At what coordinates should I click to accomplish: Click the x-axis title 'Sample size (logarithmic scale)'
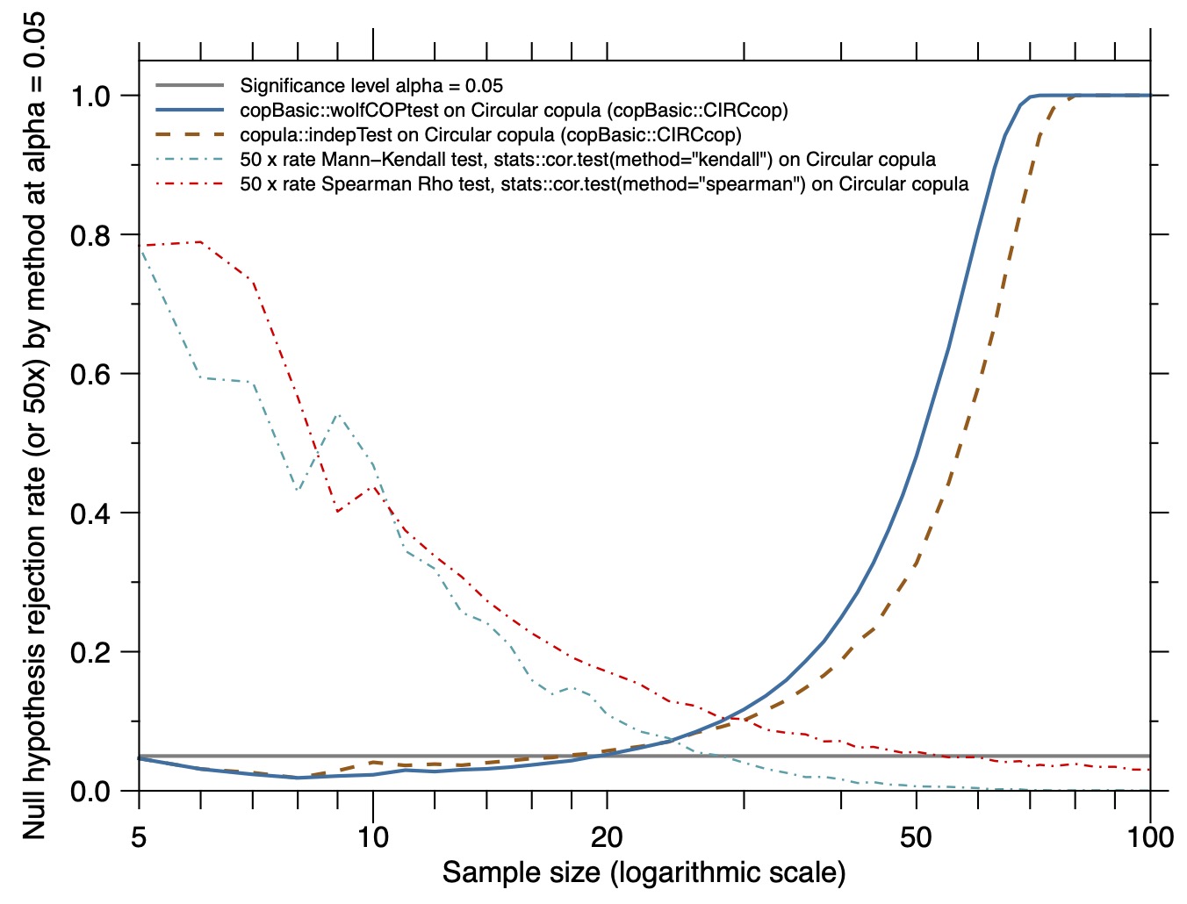(x=644, y=872)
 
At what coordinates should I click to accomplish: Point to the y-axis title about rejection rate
(x=33, y=426)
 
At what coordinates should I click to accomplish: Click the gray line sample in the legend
(x=190, y=85)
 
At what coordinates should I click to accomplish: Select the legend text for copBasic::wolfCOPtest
(x=514, y=111)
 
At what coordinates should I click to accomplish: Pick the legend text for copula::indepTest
(x=491, y=134)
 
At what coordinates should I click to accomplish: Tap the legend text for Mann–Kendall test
(x=588, y=160)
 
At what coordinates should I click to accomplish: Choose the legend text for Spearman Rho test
(x=604, y=183)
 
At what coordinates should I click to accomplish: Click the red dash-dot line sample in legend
(x=190, y=184)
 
